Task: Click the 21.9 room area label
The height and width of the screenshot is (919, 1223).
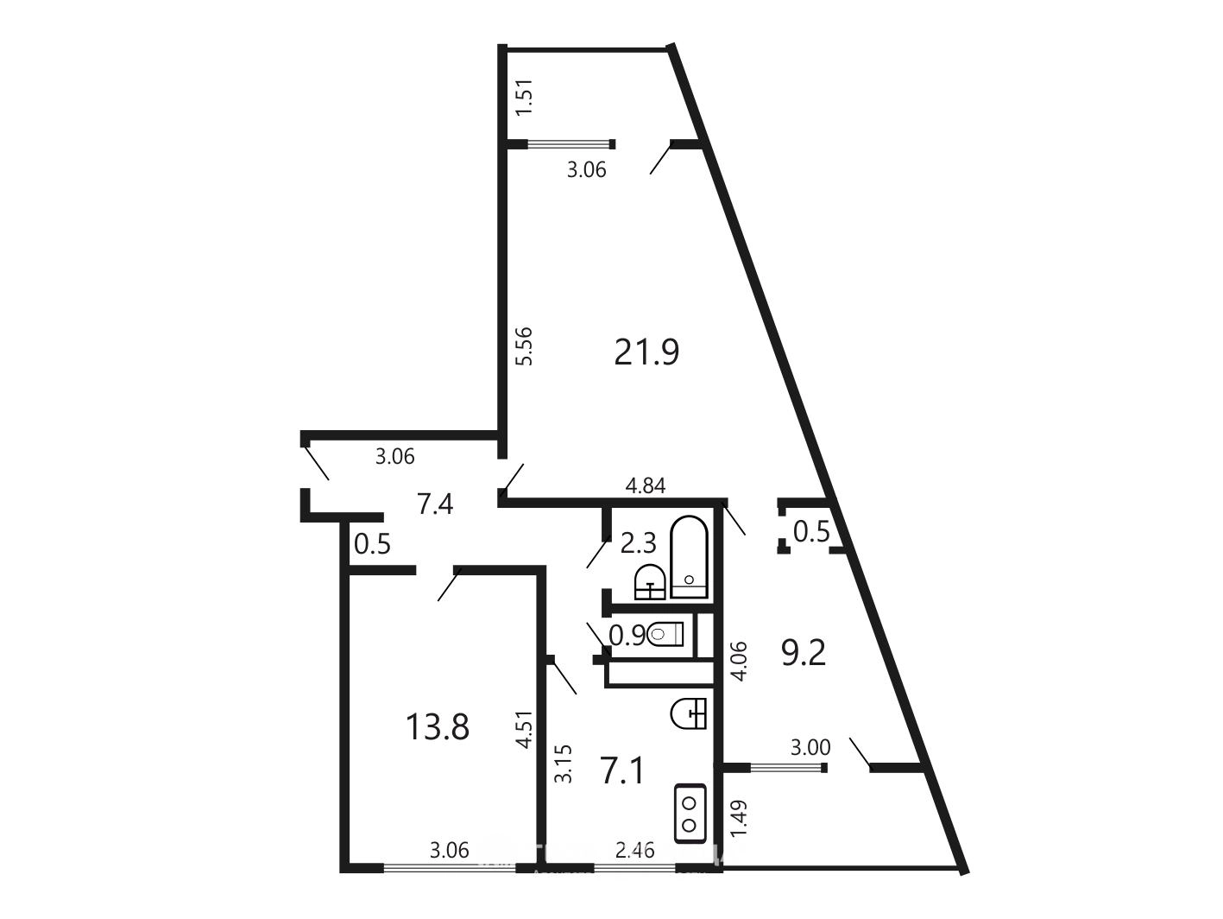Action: (646, 352)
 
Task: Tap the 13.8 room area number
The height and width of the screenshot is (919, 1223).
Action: (438, 727)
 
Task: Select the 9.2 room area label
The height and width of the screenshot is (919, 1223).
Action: (803, 653)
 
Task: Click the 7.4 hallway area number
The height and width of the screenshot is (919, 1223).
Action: (435, 505)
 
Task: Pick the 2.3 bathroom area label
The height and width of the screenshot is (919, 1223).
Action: (639, 543)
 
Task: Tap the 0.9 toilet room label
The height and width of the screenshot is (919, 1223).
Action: (627, 635)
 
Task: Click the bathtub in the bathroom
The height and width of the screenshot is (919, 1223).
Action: (690, 558)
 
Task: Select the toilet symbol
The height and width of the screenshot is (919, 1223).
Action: (665, 634)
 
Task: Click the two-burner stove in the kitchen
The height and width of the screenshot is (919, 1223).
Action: (690, 813)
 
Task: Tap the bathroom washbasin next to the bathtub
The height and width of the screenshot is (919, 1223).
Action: (650, 582)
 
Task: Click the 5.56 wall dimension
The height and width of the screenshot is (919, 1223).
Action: (524, 346)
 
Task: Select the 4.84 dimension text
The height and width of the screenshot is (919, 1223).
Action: (646, 486)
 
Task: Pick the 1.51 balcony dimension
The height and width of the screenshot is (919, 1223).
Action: (525, 98)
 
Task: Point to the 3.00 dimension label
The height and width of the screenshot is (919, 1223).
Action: (810, 747)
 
